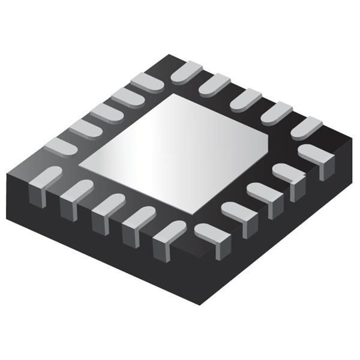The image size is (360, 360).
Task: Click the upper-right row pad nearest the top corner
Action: (186, 71)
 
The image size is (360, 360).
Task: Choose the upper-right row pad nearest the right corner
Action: (306, 127)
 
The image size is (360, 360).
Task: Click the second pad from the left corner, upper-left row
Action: (84, 128)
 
